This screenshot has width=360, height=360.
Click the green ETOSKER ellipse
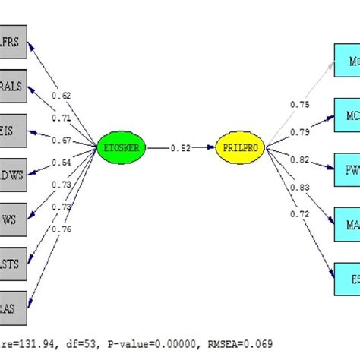pyautogui.click(x=121, y=148)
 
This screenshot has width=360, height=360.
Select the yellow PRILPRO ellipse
pyautogui.click(x=238, y=148)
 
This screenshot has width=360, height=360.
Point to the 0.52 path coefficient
pyautogui.click(x=180, y=148)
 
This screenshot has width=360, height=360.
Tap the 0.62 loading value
pyautogui.click(x=62, y=96)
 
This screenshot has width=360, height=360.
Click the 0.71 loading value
pyautogui.click(x=62, y=118)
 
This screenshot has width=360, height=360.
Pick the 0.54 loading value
pyautogui.click(x=62, y=162)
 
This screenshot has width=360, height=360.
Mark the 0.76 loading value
pyautogui.click(x=62, y=229)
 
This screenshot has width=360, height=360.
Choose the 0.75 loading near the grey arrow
pyautogui.click(x=299, y=105)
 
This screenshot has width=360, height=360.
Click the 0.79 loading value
pyautogui.click(x=299, y=132)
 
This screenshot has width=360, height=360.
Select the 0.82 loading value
pyautogui.click(x=299, y=160)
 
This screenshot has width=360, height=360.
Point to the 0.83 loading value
pyautogui.click(x=299, y=187)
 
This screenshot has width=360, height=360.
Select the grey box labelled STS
pyautogui.click(x=14, y=264)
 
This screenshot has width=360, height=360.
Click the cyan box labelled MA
pyautogui.click(x=346, y=225)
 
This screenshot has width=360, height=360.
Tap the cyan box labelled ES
pyautogui.click(x=346, y=279)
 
